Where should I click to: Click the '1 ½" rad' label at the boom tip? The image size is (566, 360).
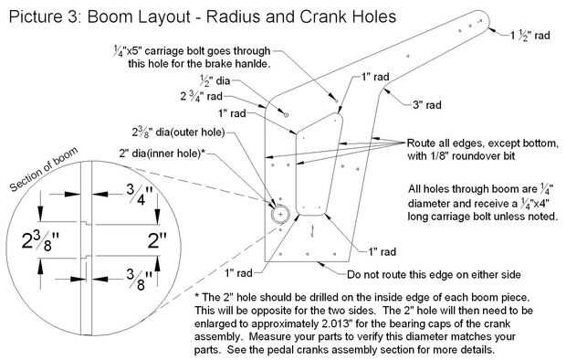point(529,35)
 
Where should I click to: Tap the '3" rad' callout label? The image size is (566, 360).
point(427,105)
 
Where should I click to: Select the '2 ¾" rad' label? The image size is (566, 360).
point(201,96)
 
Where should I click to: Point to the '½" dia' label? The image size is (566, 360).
point(215,80)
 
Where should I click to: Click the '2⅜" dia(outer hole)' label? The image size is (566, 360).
point(178,132)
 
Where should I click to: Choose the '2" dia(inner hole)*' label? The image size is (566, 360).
point(162,154)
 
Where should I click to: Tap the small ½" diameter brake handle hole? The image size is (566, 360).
point(286,115)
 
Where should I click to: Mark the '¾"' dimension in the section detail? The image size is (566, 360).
point(140,194)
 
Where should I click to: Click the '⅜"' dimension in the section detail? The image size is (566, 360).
point(139,279)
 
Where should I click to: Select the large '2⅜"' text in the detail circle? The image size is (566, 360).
point(40,240)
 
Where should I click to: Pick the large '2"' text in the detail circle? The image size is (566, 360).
point(157,240)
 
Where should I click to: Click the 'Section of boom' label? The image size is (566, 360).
point(44,169)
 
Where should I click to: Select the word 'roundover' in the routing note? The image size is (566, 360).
point(473,155)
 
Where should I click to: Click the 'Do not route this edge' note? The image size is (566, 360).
point(434,274)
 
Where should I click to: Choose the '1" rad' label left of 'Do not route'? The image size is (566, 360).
point(238,272)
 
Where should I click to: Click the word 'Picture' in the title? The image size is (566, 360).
point(35,16)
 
